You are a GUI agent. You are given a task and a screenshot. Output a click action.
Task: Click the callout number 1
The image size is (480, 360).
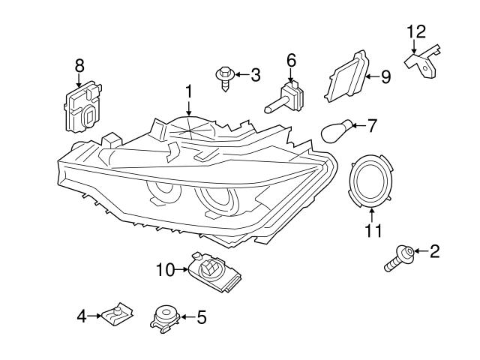coord(190,91)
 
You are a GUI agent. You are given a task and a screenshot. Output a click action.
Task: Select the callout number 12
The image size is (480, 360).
coord(415,31)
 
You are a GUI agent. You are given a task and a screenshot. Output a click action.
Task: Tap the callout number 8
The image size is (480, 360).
coord(79,66)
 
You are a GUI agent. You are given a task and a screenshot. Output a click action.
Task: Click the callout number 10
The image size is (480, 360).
coord(165,268)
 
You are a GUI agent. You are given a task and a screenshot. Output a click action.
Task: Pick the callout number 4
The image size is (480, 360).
coord(82,316)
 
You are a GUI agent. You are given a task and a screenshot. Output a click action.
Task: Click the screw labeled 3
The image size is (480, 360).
coord(225,79)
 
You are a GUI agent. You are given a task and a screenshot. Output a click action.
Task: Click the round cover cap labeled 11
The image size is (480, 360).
coord(373,182)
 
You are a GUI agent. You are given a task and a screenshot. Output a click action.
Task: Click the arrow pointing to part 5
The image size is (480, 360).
coord(184,317)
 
